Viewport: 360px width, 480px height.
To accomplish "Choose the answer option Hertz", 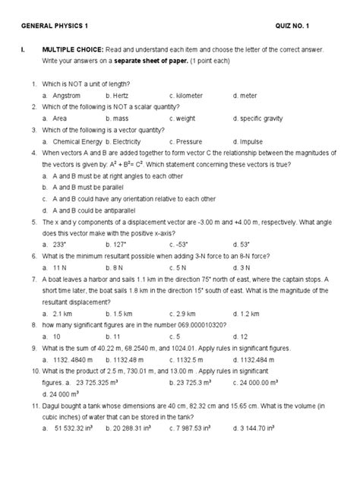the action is [x=126, y=96].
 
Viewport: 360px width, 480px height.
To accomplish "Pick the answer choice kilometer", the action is [x=191, y=96].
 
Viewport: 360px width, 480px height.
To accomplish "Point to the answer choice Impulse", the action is [x=253, y=141].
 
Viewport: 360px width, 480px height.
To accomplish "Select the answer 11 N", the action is [x=62, y=267].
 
